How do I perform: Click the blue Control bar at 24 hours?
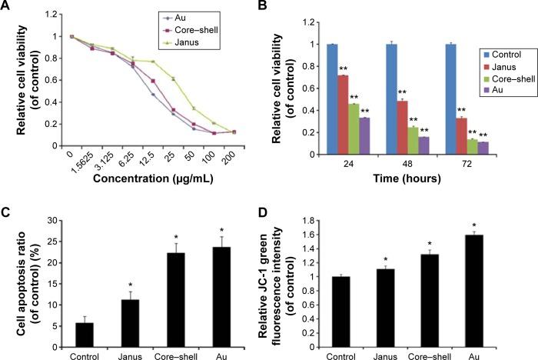tap(331, 99)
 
